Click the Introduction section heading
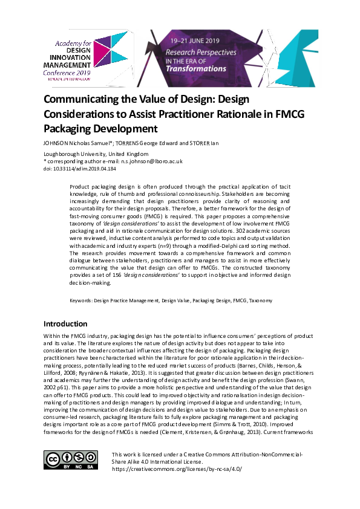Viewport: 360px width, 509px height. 65,323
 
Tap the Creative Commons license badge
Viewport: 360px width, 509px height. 68,460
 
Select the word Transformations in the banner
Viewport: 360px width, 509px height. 196,68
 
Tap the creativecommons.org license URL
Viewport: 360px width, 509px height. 177,468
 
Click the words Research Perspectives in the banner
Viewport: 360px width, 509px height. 201,53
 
